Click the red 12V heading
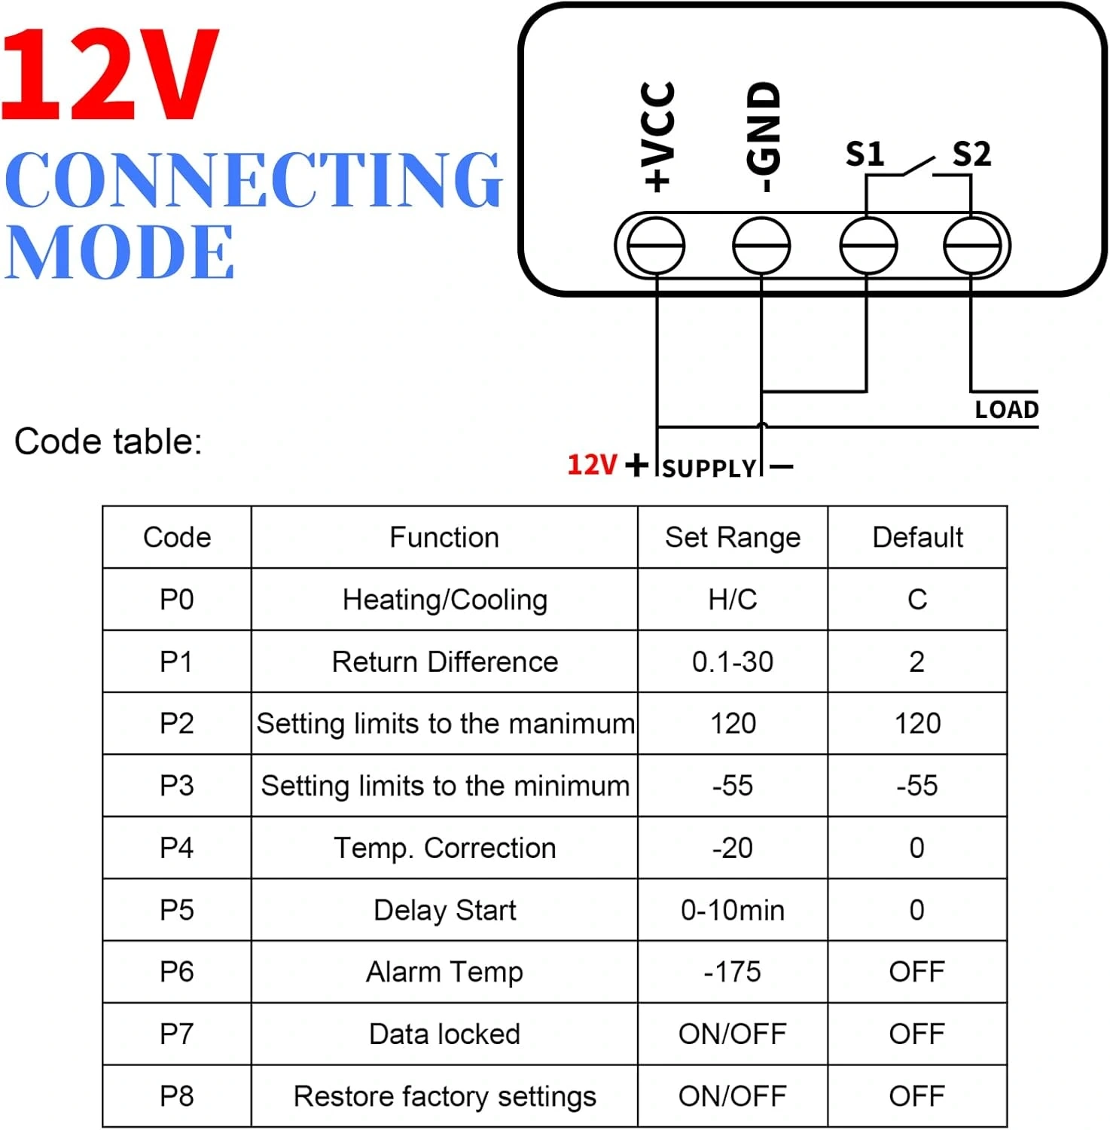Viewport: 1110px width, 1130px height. click(111, 75)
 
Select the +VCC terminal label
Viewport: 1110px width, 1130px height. click(657, 136)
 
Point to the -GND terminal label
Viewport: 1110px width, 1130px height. click(763, 136)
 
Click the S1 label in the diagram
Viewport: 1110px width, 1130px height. click(865, 154)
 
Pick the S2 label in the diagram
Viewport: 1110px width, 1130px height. click(971, 154)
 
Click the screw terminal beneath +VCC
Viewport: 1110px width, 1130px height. click(656, 246)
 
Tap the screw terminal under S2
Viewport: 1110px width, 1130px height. click(972, 246)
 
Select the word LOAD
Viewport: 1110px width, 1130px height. click(1007, 410)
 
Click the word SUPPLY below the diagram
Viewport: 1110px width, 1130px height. click(709, 469)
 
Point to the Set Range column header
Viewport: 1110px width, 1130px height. click(733, 537)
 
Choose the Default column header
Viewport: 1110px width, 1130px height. click(917, 537)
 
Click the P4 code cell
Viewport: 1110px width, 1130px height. click(177, 847)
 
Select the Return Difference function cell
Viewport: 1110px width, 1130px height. click(445, 661)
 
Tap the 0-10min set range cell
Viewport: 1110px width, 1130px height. click(733, 910)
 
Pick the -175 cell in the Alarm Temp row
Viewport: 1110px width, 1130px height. click(733, 972)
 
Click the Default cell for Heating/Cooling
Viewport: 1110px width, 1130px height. click(917, 600)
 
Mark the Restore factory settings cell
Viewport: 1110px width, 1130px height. click(445, 1096)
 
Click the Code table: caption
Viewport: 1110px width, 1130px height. click(108, 441)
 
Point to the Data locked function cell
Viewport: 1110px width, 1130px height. click(445, 1034)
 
